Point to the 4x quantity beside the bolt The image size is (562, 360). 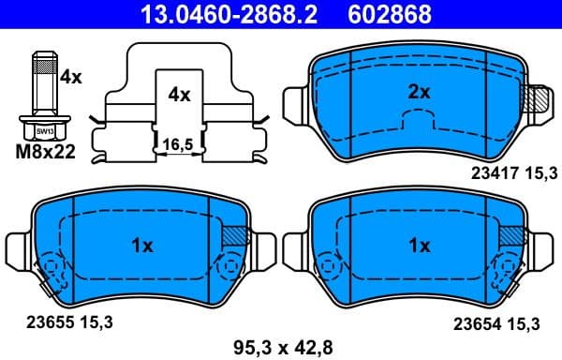pyautogui.click(x=71, y=80)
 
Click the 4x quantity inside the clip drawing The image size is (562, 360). pyautogui.click(x=179, y=95)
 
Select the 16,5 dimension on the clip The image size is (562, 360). pyautogui.click(x=177, y=144)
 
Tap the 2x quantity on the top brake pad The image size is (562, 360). pyautogui.click(x=419, y=93)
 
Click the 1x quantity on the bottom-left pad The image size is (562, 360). pyautogui.click(x=141, y=246)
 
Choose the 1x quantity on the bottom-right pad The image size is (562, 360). pyautogui.click(x=419, y=246)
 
